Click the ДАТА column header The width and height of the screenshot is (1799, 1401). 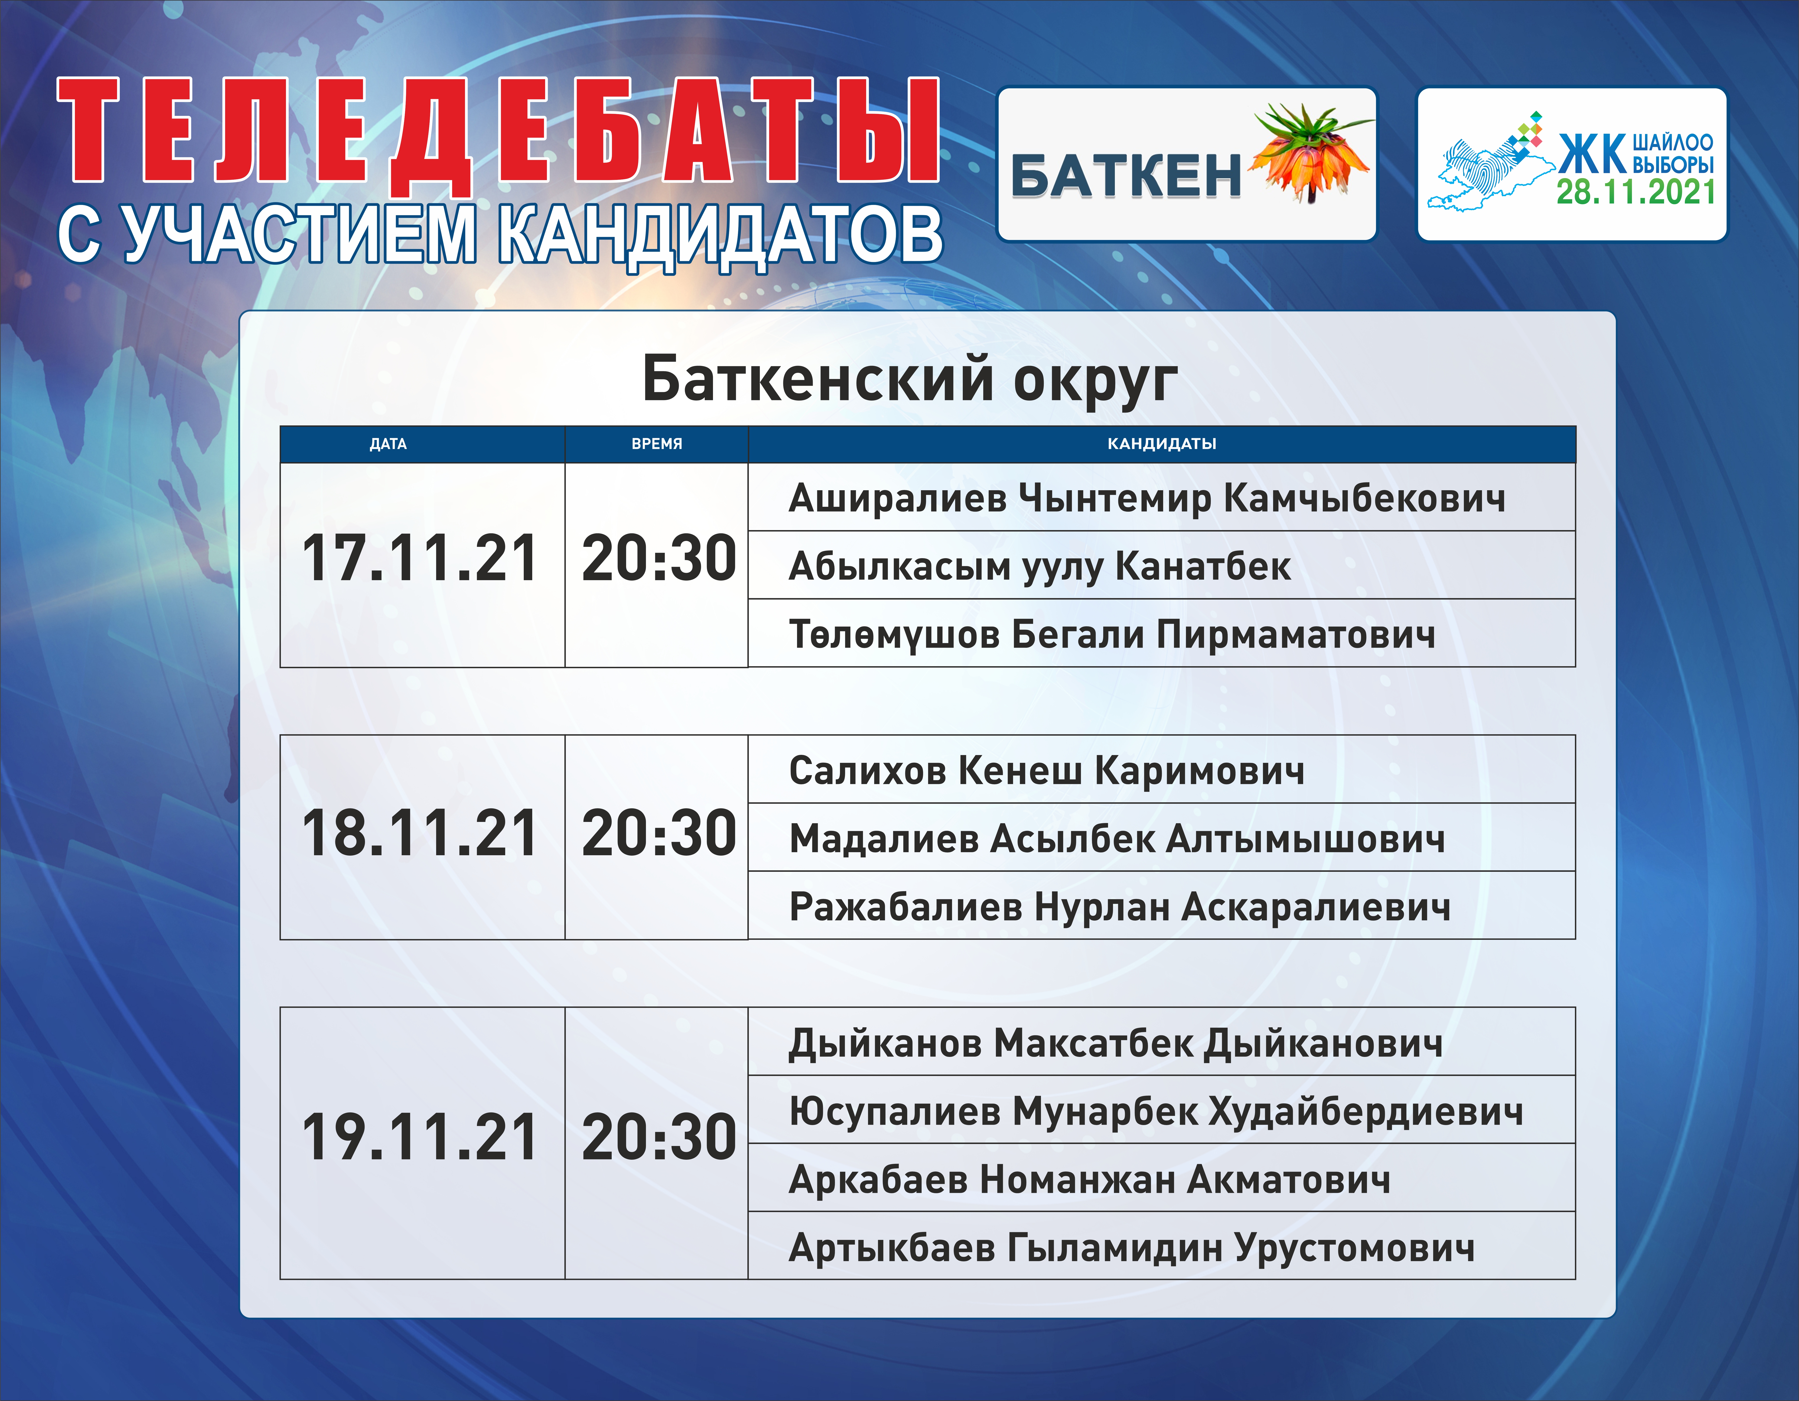388,444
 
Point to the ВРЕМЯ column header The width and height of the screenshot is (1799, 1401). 657,444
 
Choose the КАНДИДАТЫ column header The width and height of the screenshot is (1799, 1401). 1161,444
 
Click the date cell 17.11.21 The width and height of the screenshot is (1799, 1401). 420,558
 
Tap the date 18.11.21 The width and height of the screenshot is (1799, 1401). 420,833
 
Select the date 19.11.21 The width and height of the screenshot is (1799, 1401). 420,1137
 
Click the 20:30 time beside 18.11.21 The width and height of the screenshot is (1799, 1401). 659,833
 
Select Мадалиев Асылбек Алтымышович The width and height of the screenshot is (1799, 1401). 1117,838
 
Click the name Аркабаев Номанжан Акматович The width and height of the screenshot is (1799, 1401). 1089,1180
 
